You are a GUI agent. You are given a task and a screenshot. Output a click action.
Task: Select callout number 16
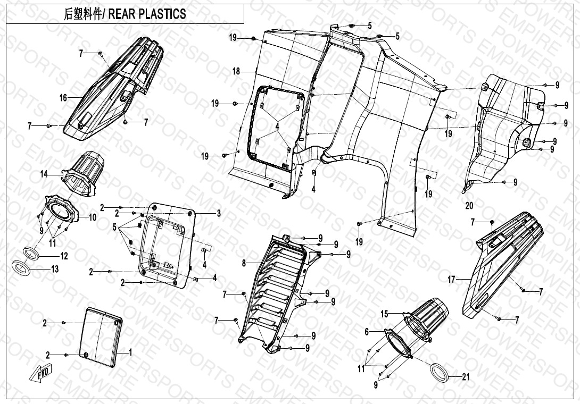coord(63,98)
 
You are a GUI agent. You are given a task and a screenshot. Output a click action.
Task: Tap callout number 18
coord(236,71)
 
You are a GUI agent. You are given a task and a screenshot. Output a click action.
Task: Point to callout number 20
coord(469,205)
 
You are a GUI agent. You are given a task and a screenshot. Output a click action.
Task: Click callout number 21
coord(466,377)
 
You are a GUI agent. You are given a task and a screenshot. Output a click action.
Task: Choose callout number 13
coord(54,269)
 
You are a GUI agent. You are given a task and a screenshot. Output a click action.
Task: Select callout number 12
coord(64,256)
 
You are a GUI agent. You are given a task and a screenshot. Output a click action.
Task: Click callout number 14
coord(44,174)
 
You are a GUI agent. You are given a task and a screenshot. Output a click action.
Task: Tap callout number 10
coord(92,217)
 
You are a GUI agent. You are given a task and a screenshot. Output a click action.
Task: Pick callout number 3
coord(219,213)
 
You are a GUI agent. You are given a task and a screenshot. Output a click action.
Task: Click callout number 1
coord(130,352)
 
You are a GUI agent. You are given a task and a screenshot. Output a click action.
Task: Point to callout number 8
coord(244,264)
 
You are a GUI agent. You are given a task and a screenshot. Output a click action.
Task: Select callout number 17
coord(451,280)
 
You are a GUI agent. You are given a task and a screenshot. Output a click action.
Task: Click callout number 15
coord(384,314)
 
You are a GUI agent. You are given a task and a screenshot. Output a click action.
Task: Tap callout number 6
coord(367,332)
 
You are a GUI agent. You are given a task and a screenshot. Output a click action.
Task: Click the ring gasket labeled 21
coord(440,372)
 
